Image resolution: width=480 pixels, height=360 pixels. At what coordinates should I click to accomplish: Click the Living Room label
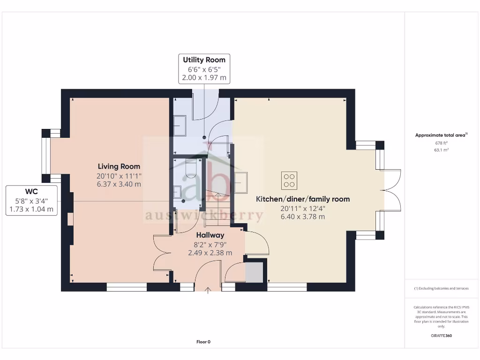pyautogui.click(x=119, y=166)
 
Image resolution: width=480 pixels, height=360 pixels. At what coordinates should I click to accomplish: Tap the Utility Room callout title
pyautogui.click(x=204, y=60)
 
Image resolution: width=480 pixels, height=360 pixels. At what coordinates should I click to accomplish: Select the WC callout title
pyautogui.click(x=31, y=191)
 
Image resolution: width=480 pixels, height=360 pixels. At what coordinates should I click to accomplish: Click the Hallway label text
pyautogui.click(x=210, y=235)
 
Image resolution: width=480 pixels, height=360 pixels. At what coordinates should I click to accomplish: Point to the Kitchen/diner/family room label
pyautogui.click(x=302, y=199)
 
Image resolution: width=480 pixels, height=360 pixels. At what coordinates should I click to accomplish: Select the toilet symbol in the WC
pyautogui.click(x=191, y=168)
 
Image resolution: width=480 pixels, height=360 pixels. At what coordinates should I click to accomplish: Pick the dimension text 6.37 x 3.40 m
pyautogui.click(x=119, y=184)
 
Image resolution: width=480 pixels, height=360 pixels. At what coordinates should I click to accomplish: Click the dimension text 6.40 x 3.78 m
pyautogui.click(x=302, y=217)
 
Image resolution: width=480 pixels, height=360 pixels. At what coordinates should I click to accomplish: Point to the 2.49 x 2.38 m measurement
pyautogui.click(x=210, y=253)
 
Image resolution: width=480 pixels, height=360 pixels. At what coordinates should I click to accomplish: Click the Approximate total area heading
pyautogui.click(x=441, y=135)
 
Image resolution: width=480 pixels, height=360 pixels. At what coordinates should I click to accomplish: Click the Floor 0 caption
pyautogui.click(x=203, y=342)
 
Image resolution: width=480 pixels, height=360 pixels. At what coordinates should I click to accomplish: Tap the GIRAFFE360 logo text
pyautogui.click(x=441, y=336)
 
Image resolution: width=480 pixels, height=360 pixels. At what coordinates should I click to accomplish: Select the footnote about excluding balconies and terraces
pyautogui.click(x=441, y=288)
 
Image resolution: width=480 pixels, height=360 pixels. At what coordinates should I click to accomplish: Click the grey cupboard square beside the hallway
pyautogui.click(x=255, y=273)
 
